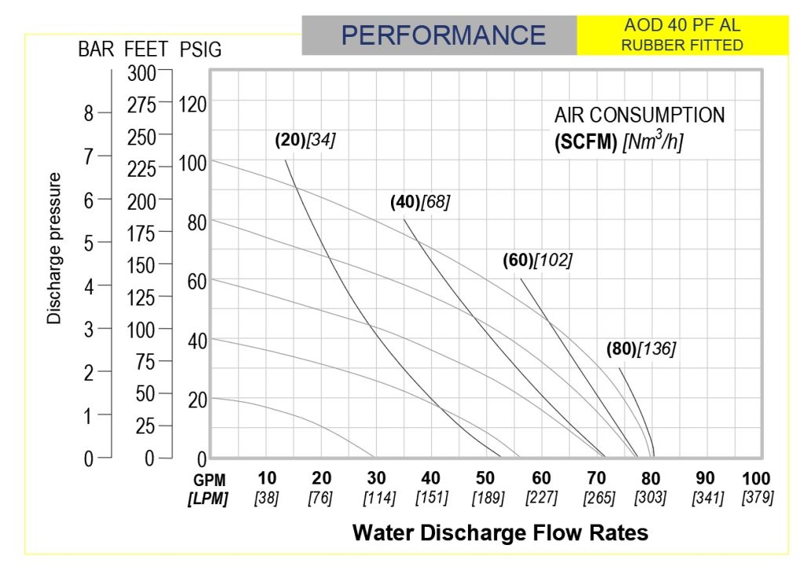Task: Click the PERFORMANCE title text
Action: [x=443, y=35]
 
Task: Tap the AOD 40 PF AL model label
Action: [x=682, y=25]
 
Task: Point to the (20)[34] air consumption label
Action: [x=305, y=140]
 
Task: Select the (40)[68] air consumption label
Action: [x=420, y=202]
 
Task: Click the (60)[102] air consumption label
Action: [x=537, y=260]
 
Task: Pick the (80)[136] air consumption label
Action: [x=641, y=349]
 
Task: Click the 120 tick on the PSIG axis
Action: [x=192, y=104]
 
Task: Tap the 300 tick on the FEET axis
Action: [x=142, y=73]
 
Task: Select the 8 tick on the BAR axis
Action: [x=89, y=113]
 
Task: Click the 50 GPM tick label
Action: [x=485, y=478]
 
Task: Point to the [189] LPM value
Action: [x=488, y=497]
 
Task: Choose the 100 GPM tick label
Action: [x=756, y=478]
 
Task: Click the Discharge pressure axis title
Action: [x=54, y=248]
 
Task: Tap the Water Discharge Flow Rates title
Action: [x=500, y=532]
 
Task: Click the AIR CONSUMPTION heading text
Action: [x=639, y=115]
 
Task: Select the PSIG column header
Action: [x=200, y=49]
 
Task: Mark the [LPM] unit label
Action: [x=207, y=498]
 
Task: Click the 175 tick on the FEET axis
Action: [x=141, y=234]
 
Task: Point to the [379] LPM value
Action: [x=758, y=496]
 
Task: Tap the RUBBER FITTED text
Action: [x=682, y=45]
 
